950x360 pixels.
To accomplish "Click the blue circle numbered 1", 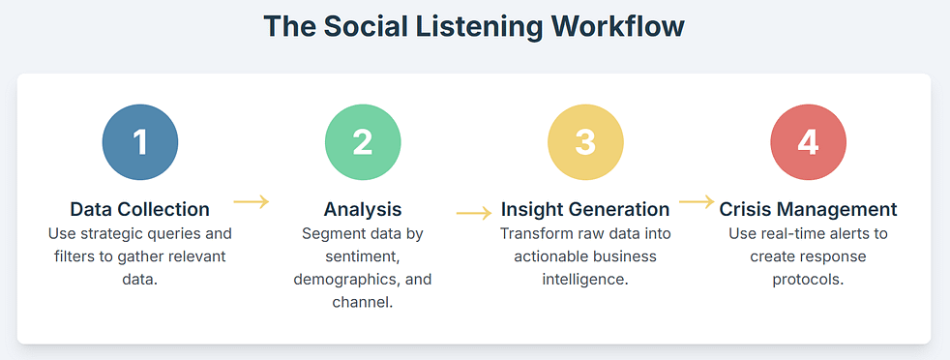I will pyautogui.click(x=140, y=142).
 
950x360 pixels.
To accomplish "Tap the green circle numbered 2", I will pyautogui.click(x=363, y=142).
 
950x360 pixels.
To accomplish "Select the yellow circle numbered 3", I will pyautogui.click(x=585, y=142).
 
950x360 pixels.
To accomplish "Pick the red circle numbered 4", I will pyautogui.click(x=808, y=142).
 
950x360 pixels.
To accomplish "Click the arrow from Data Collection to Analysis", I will pyautogui.click(x=252, y=201).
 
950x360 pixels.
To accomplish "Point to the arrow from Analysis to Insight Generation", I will pyautogui.click(x=474, y=212).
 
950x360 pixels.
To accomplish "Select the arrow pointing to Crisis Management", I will pyautogui.click(x=697, y=201).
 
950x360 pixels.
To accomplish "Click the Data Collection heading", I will pyautogui.click(x=140, y=209).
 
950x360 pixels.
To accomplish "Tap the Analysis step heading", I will pyautogui.click(x=363, y=209).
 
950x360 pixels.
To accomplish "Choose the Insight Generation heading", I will pyautogui.click(x=585, y=209).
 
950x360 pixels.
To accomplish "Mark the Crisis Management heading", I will pyautogui.click(x=808, y=209).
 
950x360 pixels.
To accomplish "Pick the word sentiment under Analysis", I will pyautogui.click(x=362, y=256).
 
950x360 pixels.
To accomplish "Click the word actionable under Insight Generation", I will pyautogui.click(x=560, y=256).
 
